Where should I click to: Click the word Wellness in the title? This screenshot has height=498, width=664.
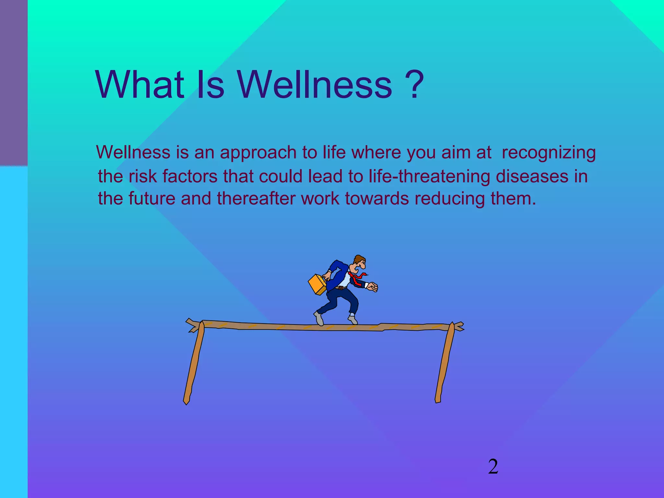(x=315, y=85)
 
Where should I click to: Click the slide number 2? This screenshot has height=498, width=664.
(x=493, y=467)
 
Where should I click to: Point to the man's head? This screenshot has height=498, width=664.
(x=359, y=263)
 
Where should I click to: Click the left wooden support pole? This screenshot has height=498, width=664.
(x=194, y=363)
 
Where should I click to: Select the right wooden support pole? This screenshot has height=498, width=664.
(x=445, y=363)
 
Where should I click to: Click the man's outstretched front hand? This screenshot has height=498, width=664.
(x=373, y=287)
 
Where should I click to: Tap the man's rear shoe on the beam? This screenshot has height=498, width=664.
(x=319, y=319)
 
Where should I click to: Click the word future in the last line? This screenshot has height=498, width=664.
(x=152, y=198)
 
